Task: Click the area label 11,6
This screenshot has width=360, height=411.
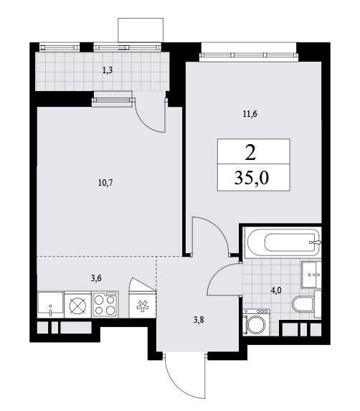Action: click(250, 114)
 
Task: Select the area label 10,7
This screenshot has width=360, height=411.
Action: click(105, 183)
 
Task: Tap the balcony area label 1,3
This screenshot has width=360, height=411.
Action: click(108, 70)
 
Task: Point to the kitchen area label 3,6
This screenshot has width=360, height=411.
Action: click(96, 278)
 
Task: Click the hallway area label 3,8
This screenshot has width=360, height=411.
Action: click(199, 320)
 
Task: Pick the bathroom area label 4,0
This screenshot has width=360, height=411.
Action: click(276, 290)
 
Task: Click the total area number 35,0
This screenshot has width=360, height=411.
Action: click(252, 178)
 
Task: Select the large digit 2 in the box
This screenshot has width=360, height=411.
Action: click(251, 153)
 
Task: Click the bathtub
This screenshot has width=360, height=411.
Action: click(283, 242)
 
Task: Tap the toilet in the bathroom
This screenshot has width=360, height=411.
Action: click(306, 304)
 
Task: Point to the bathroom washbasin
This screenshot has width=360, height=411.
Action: click(311, 275)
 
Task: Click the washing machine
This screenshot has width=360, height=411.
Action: click(255, 322)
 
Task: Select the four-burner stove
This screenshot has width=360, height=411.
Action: click(105, 305)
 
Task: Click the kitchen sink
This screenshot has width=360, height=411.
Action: click(51, 305)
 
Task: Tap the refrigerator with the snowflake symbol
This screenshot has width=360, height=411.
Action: click(143, 305)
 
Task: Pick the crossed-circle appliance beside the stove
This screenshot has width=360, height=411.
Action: click(78, 305)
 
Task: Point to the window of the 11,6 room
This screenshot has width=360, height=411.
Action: click(248, 55)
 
